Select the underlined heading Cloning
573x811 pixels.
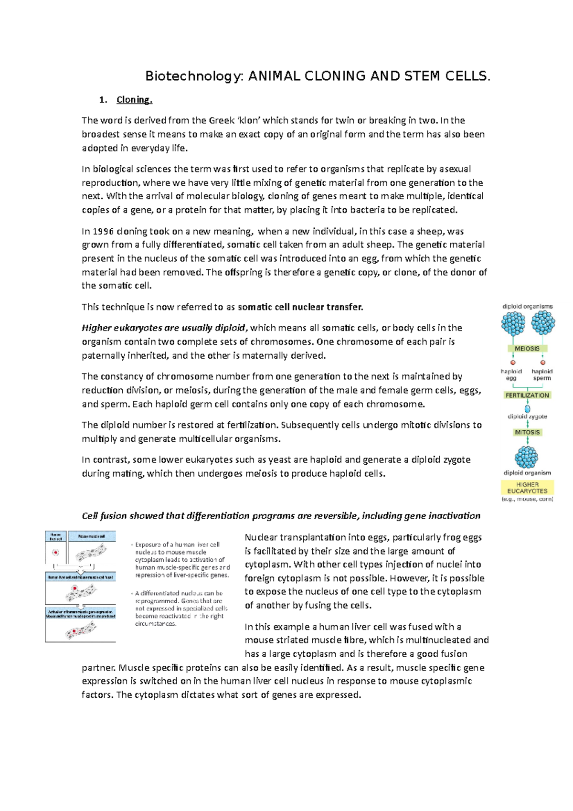coord(134,100)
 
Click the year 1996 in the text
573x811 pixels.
coord(103,232)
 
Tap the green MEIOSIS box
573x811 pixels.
coord(527,349)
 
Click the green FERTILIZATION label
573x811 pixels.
coord(527,395)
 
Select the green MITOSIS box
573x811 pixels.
coord(527,432)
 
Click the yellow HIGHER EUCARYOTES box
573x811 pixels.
coord(527,488)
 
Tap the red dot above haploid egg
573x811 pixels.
coord(513,363)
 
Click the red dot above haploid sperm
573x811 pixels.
coord(542,363)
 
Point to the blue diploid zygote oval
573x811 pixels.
coord(528,409)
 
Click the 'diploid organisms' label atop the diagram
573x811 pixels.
coord(527,307)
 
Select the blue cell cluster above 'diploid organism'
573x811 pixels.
coord(527,457)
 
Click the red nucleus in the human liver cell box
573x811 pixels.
coord(56,553)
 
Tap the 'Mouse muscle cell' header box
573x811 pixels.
coord(92,537)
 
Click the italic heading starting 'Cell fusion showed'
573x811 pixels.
coord(281,516)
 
